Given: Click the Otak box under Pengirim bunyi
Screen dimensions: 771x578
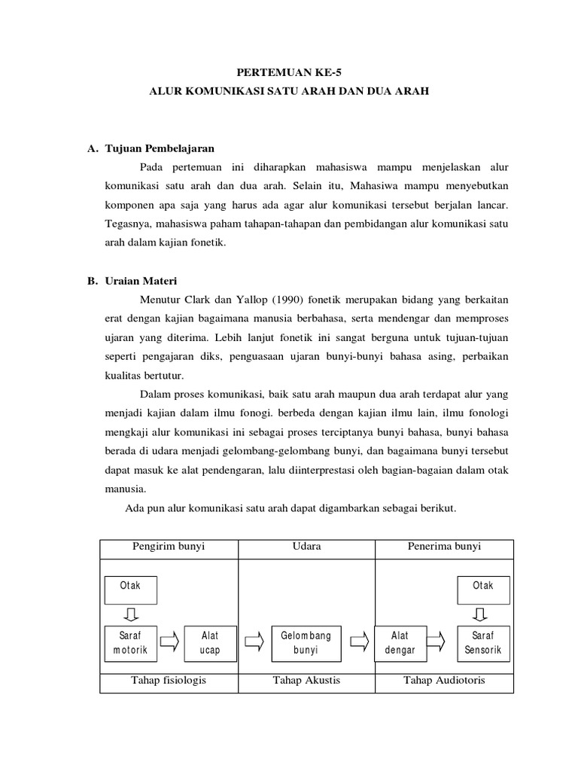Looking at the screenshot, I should point(129,590).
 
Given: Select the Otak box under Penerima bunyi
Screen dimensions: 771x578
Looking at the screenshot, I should point(482,590).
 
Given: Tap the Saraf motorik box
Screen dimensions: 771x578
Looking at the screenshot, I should point(129,642).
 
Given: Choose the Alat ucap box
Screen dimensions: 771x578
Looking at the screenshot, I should point(210,642).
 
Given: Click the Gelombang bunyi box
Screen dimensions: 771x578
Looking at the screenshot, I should point(306,642).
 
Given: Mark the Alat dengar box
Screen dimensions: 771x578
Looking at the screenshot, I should point(400,642).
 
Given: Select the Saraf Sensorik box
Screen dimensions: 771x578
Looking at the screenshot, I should point(482,642).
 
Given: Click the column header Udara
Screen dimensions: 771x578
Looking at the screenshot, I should point(306,547).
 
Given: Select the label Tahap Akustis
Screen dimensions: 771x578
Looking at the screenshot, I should point(306,681).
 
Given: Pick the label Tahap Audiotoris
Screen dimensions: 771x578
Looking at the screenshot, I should point(444,681).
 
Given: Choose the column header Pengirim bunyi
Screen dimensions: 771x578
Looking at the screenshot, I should point(168,547).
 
